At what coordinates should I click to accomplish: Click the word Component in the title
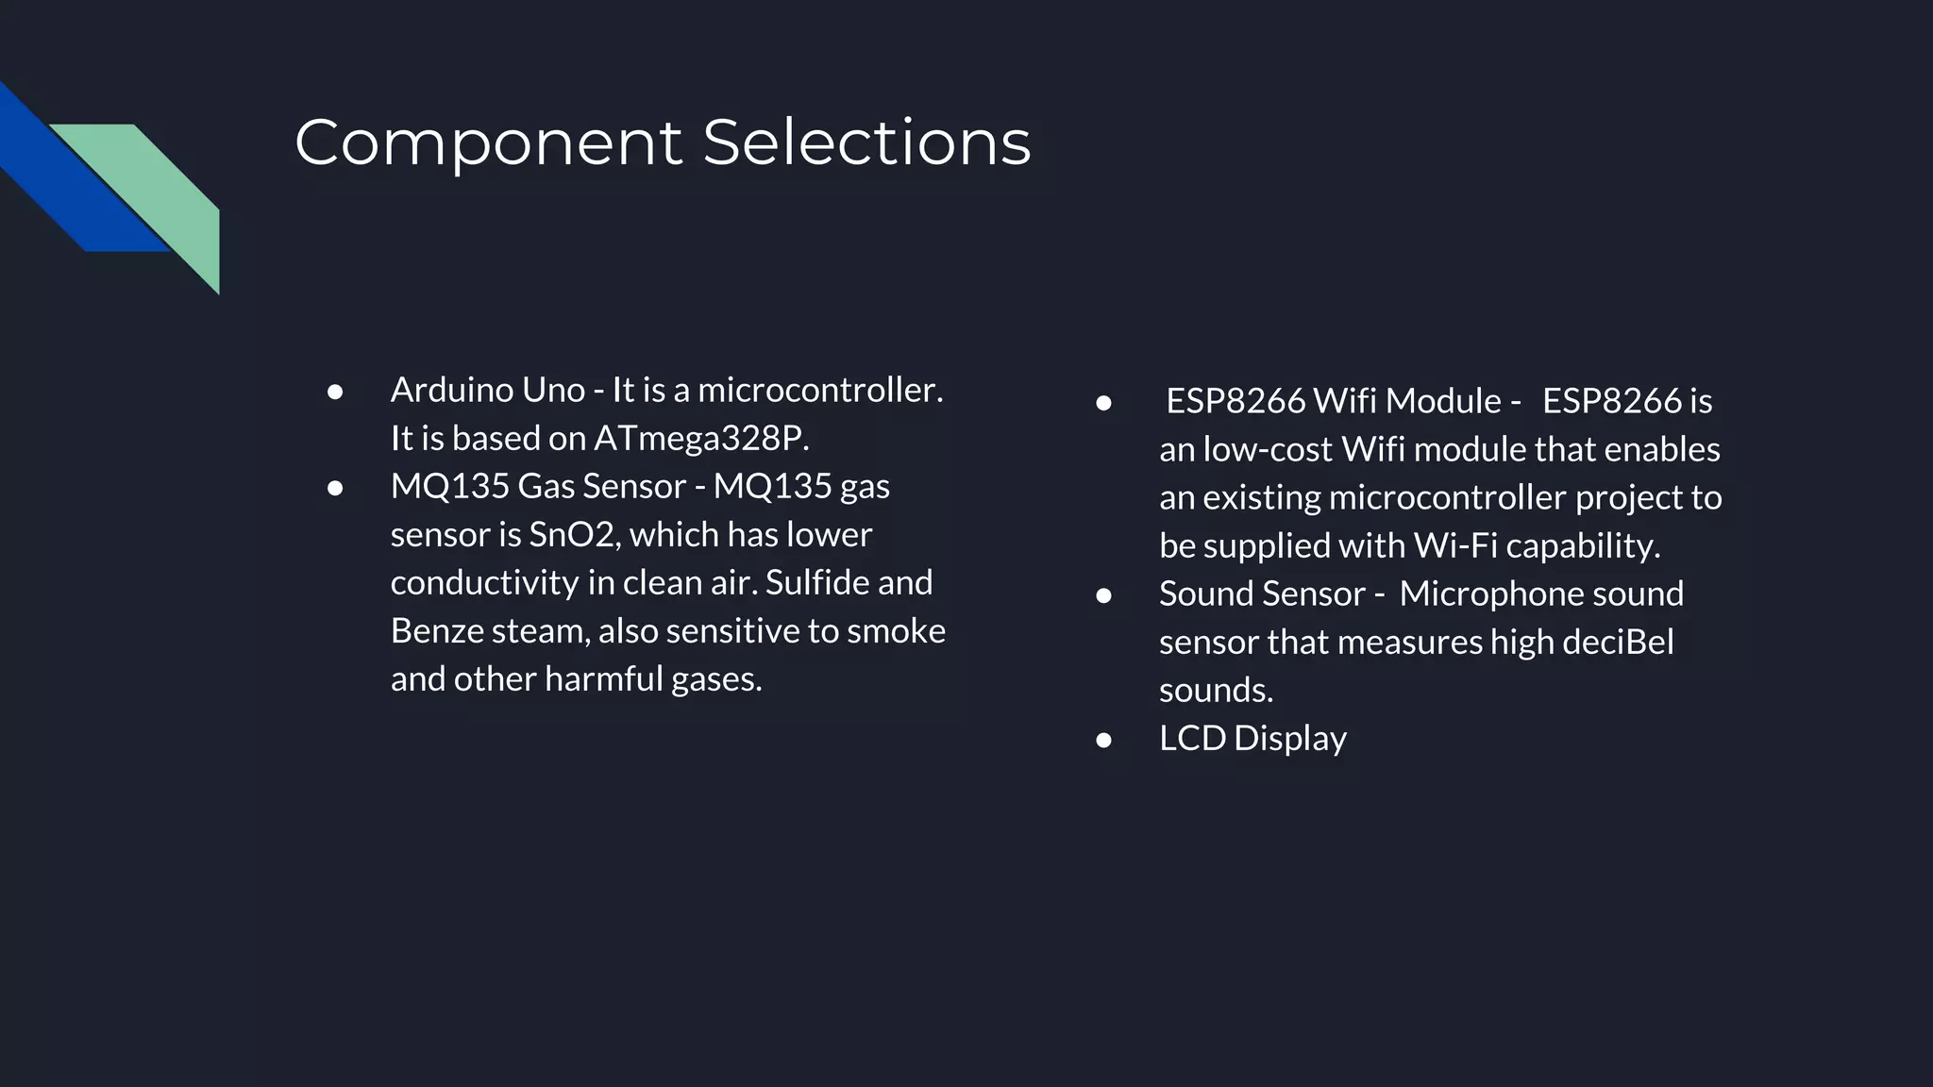tap(488, 143)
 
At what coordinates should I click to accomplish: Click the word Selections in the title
tap(866, 143)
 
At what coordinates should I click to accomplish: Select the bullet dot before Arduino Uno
tap(334, 392)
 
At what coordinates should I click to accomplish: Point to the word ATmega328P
tap(701, 439)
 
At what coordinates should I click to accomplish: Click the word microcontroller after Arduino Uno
tap(819, 391)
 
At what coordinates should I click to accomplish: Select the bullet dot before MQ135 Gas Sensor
tap(334, 488)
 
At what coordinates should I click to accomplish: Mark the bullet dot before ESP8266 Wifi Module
tap(1103, 404)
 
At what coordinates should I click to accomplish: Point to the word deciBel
tap(1618, 643)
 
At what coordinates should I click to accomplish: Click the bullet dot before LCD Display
tap(1103, 741)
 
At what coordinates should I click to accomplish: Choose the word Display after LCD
tap(1290, 739)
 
